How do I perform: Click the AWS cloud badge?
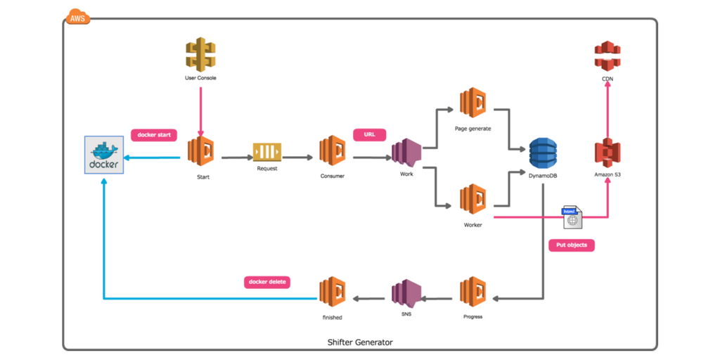pos(77,17)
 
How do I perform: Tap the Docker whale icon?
pos(104,155)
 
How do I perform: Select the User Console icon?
pos(200,53)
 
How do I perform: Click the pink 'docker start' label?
pos(153,134)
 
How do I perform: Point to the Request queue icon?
pos(267,151)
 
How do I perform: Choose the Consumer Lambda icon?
pos(333,150)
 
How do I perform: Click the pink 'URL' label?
pos(369,134)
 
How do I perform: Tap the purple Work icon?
pos(406,152)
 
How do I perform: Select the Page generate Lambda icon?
pos(473,103)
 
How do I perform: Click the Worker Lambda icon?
pos(473,199)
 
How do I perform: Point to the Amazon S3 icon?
pos(607,153)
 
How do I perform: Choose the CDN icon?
pos(607,56)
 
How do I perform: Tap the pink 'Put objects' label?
pos(571,245)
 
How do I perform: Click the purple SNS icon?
pos(406,294)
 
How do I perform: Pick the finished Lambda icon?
pos(333,293)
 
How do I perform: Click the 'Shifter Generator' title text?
pos(360,342)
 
